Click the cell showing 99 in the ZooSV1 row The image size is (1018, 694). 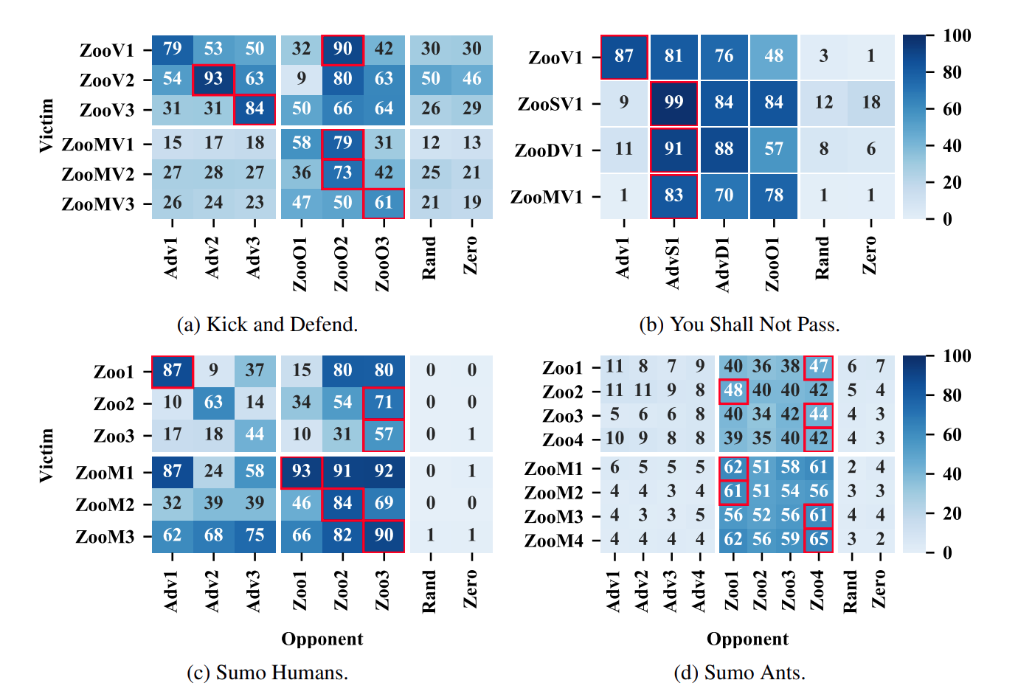tap(674, 103)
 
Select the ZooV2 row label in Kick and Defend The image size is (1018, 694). tap(107, 80)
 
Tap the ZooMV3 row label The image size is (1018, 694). tap(98, 204)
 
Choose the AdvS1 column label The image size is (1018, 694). tap(673, 263)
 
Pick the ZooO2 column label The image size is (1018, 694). tap(341, 264)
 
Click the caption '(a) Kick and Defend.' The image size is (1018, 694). tap(267, 325)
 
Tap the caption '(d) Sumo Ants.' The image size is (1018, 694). tap(739, 673)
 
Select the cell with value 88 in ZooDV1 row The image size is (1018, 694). tap(724, 149)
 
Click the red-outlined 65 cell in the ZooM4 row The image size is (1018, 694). tap(818, 539)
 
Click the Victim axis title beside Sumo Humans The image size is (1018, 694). tap(46, 455)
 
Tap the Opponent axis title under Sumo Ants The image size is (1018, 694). tap(747, 639)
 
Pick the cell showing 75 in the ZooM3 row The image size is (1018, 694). tap(254, 535)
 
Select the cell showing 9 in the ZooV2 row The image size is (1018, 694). tap(301, 78)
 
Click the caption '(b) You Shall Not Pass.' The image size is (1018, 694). tap(739, 325)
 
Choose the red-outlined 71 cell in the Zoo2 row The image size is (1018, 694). tap(384, 402)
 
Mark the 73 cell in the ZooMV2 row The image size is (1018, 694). tap(342, 173)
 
